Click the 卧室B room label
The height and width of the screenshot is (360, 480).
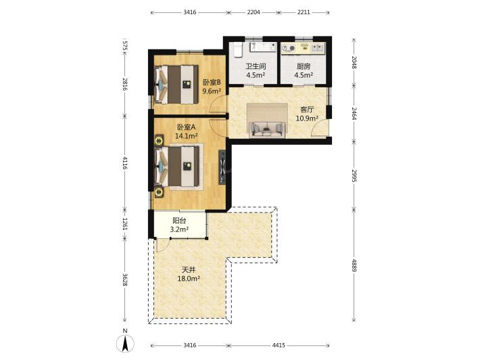pos(212,83)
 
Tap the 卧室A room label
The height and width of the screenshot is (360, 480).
pos(186,127)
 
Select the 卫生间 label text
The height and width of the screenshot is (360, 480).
pos(256,66)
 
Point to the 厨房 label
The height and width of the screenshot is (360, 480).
pos(304,66)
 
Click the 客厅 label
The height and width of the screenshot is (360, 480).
pos(307,110)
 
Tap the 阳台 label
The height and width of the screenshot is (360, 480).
pos(179,221)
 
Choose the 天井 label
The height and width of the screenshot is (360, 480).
pos(189,270)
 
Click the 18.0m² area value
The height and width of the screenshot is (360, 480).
pos(189,279)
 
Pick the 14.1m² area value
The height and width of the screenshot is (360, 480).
pos(186,135)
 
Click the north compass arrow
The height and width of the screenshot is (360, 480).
pos(125,344)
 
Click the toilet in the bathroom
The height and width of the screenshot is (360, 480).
pos(238,49)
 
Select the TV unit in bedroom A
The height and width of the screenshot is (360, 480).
pos(222,167)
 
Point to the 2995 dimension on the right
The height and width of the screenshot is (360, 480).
pos(354,175)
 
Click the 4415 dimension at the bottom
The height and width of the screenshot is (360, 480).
pos(279,345)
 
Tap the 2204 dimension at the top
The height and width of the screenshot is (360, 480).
pos(254,12)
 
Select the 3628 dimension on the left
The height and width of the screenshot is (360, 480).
pos(124,279)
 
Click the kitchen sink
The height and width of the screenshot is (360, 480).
pos(318,47)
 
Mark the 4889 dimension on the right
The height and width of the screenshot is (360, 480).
pos(354,265)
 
